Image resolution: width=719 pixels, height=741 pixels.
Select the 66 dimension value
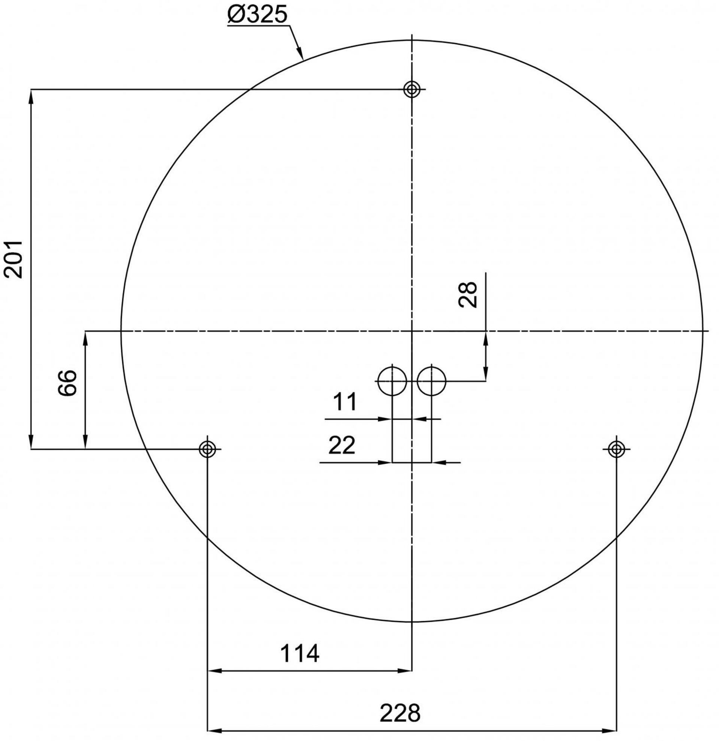click(x=68, y=383)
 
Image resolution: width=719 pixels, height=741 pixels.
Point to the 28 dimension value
click(x=468, y=295)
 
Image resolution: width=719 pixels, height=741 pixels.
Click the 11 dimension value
click(x=345, y=402)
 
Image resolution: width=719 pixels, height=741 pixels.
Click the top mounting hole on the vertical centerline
click(x=412, y=89)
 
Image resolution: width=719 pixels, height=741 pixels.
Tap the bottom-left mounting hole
click(x=207, y=449)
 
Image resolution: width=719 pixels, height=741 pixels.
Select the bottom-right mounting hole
click(x=616, y=449)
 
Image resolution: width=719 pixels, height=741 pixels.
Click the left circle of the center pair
click(x=392, y=381)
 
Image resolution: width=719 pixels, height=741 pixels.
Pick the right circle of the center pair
click(x=431, y=381)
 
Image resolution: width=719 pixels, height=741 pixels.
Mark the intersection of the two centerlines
click(x=412, y=331)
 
